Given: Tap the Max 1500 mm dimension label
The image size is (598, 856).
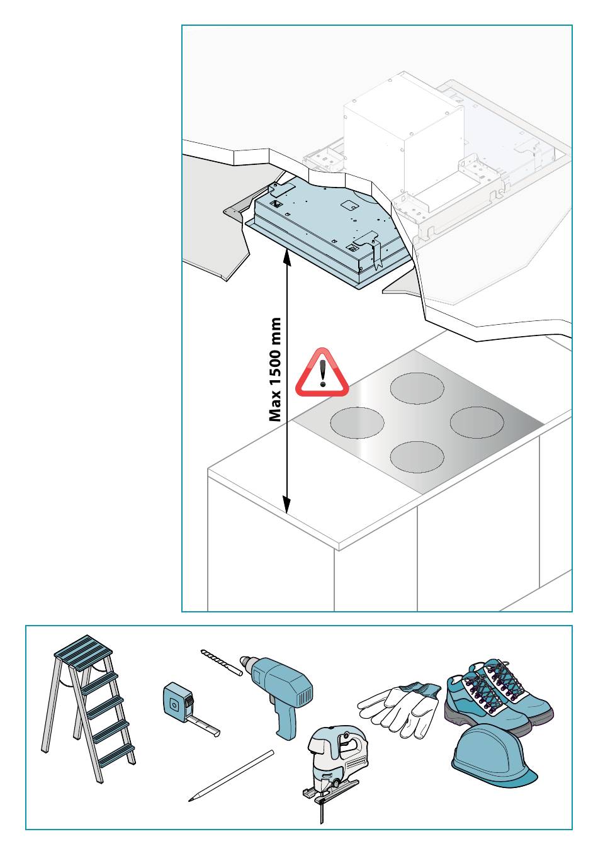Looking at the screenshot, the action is coord(275,370).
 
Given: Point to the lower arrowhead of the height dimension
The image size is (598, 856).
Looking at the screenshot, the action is coord(286,505).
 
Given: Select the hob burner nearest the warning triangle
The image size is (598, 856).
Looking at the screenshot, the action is coord(357,423).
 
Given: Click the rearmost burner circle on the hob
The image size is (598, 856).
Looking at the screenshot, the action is coord(417,388).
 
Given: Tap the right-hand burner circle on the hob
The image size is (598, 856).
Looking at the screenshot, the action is coord(477,422).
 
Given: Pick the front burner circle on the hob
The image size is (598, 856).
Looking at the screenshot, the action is coord(417,457).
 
